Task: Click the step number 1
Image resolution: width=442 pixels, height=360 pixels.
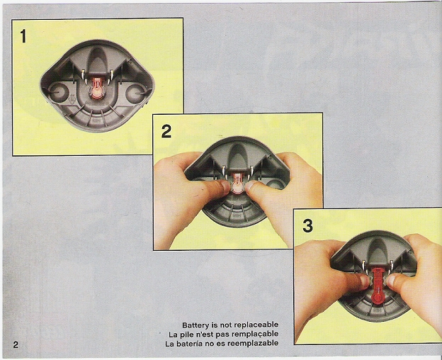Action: tap(23, 36)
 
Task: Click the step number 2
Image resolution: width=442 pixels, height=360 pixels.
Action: tap(166, 131)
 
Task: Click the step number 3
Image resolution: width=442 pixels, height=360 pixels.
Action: tap(307, 226)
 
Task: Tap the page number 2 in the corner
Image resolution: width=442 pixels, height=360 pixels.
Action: tap(16, 344)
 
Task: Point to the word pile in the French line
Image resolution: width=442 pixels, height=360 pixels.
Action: tap(183, 334)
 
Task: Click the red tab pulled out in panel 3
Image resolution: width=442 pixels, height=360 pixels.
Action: tap(377, 286)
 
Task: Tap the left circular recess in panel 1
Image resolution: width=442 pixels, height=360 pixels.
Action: tap(58, 92)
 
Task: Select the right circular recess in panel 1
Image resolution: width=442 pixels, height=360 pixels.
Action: tap(136, 94)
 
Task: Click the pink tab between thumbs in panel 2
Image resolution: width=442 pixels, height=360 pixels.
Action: tap(237, 184)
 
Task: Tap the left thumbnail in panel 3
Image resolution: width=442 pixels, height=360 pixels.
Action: tap(365, 281)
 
